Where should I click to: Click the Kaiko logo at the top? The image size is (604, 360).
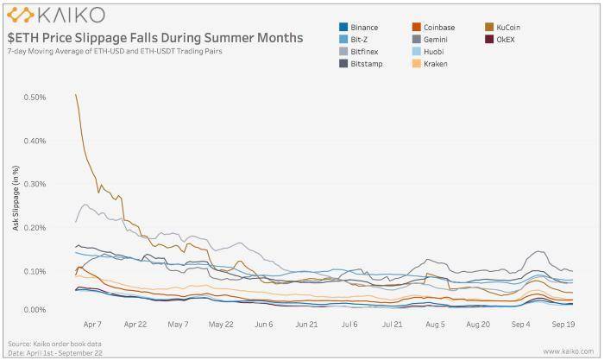[x=56, y=15]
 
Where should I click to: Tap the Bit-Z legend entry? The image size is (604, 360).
[x=362, y=39]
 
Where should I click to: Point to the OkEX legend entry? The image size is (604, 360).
[x=504, y=39]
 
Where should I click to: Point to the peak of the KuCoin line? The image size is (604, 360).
[x=77, y=94]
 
